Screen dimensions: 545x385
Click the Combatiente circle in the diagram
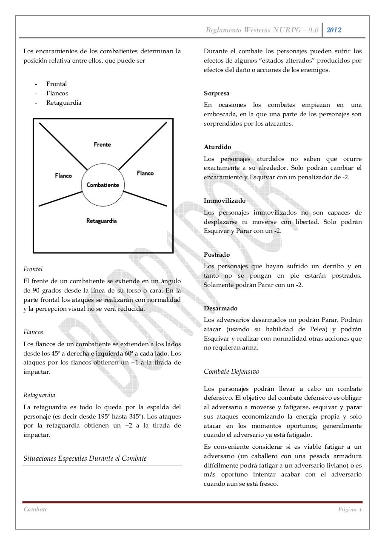tap(103, 185)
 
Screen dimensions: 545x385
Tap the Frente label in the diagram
tap(103, 144)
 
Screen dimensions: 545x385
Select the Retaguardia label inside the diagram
tap(101, 221)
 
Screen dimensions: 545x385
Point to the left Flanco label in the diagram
tap(63, 175)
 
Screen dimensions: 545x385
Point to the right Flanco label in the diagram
tap(145, 173)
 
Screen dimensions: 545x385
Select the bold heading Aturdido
tap(217, 147)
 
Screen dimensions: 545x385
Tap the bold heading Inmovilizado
tap(225, 201)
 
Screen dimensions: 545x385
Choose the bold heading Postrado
tap(217, 255)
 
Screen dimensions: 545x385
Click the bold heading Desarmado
tap(221, 308)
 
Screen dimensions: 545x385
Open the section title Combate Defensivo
tap(231, 371)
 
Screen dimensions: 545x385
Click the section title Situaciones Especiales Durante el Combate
tap(85, 459)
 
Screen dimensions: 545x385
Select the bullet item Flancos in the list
tap(57, 93)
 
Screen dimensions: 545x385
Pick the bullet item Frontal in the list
tap(57, 84)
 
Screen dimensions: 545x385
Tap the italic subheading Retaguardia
tap(39, 395)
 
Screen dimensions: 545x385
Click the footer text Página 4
tap(350, 510)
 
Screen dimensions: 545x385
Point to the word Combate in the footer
tap(36, 510)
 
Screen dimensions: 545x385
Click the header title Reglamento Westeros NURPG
tap(262, 30)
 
